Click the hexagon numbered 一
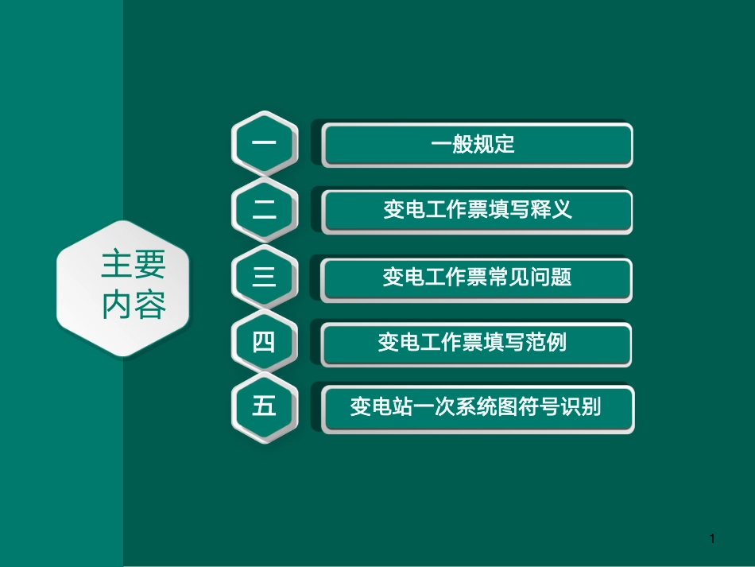(x=265, y=144)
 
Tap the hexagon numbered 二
(x=265, y=210)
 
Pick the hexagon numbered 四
(x=265, y=343)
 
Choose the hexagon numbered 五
(x=265, y=407)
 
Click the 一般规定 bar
(x=477, y=145)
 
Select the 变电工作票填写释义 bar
(x=477, y=211)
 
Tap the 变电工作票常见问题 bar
(x=477, y=278)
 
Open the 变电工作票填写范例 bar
(x=477, y=344)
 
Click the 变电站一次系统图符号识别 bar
(x=477, y=408)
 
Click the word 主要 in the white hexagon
(x=133, y=266)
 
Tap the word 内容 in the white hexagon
(x=133, y=305)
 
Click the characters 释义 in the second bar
(x=553, y=211)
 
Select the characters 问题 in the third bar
(x=553, y=278)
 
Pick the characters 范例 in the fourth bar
(x=548, y=344)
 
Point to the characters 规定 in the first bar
(x=494, y=145)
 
